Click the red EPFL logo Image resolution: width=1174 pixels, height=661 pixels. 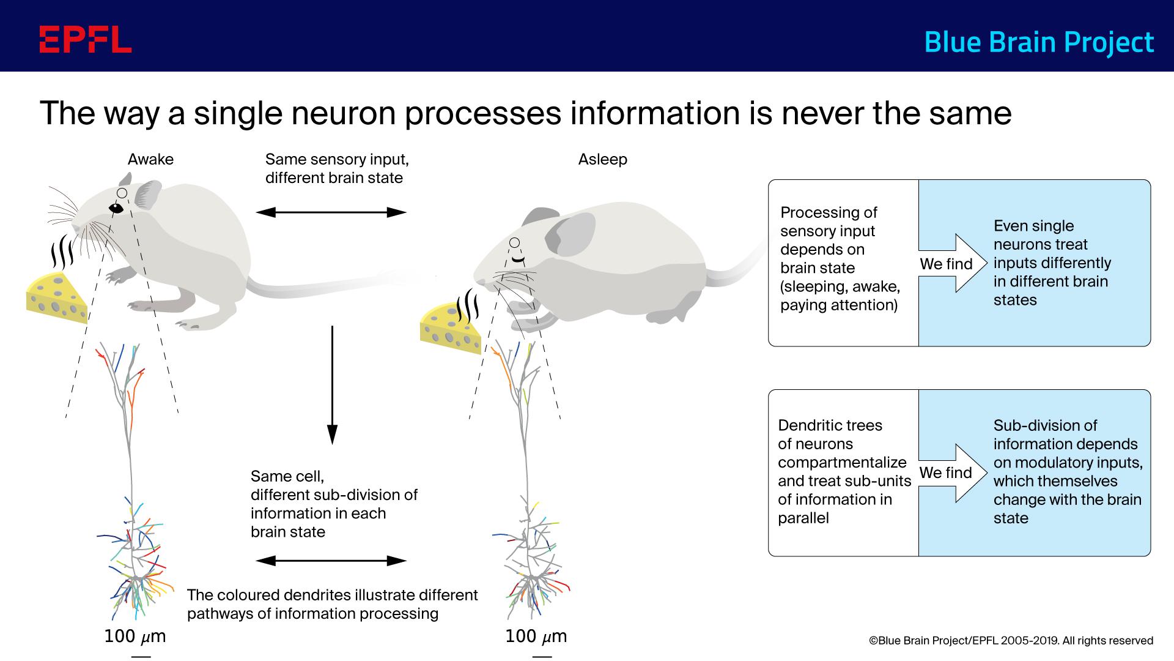click(x=86, y=39)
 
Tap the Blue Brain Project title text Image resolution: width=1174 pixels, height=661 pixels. click(x=1038, y=42)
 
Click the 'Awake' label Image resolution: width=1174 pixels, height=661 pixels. click(x=150, y=160)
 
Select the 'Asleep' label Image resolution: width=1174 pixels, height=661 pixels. click(x=602, y=160)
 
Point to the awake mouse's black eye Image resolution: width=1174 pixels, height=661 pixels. click(x=116, y=209)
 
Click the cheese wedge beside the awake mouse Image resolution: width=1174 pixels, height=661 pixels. click(x=56, y=298)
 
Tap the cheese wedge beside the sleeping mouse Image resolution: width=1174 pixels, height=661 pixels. click(x=451, y=329)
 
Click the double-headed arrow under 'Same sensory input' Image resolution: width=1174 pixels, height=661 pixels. click(x=331, y=212)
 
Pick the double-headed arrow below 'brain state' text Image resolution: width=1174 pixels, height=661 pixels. click(x=331, y=561)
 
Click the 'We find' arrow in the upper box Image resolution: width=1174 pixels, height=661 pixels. click(x=952, y=264)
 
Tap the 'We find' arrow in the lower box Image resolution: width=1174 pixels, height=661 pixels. click(x=952, y=473)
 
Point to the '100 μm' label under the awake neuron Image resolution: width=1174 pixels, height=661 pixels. click(x=135, y=637)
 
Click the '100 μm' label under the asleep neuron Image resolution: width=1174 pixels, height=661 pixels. click(x=536, y=637)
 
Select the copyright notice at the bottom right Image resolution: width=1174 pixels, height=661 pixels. click(x=1011, y=641)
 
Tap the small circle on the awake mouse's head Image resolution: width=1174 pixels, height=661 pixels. click(x=122, y=193)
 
